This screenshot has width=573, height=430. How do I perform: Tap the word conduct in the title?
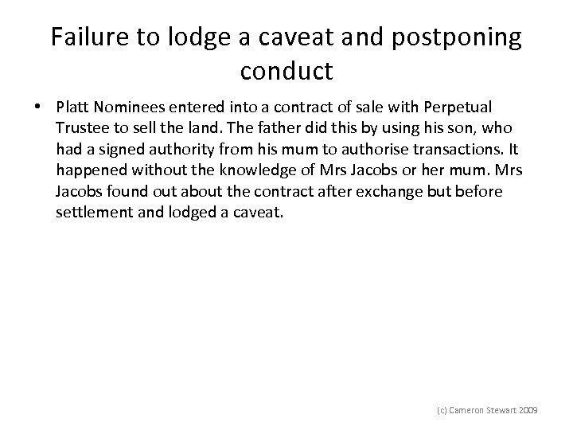tap(286, 72)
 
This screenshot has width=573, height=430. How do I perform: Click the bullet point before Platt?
tap(37, 106)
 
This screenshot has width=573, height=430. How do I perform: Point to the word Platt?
tap(73, 106)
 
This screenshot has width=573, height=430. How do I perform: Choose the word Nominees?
tap(131, 106)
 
